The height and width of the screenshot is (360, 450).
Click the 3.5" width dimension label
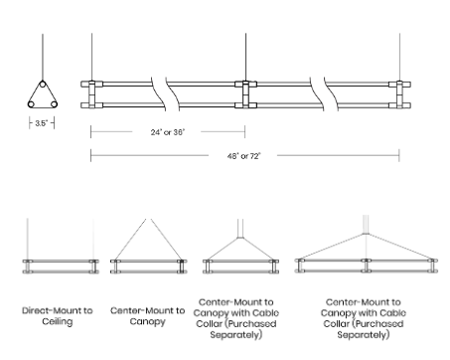coord(42,123)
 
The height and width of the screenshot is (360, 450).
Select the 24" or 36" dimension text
coord(168,132)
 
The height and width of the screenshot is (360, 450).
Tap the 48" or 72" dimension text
coord(243,156)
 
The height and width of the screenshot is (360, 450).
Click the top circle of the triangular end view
coord(43,84)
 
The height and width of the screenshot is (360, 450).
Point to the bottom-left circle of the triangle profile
coord(31,104)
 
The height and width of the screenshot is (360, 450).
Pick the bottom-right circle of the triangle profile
coord(54,104)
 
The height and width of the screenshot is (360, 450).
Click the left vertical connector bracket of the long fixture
coord(91,94)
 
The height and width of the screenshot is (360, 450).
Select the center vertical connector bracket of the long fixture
coord(245,94)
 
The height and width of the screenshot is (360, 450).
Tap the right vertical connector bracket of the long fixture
coord(399,94)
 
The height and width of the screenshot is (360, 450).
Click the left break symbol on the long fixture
coord(165,94)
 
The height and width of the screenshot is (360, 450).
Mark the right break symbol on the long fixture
coord(324,94)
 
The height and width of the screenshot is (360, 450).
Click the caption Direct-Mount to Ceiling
coord(58,316)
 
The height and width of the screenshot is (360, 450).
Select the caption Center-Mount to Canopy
coord(148,316)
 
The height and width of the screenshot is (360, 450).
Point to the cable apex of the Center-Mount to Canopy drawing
coord(148,219)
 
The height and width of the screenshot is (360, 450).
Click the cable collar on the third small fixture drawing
coord(240,238)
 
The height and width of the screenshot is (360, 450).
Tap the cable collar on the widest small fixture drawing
coord(366,234)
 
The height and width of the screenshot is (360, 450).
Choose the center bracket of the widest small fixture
coord(366,266)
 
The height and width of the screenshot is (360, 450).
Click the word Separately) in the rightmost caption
coord(364,335)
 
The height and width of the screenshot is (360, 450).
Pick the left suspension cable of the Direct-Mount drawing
coord(28,239)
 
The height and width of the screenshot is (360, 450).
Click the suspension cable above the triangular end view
coord(43,57)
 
